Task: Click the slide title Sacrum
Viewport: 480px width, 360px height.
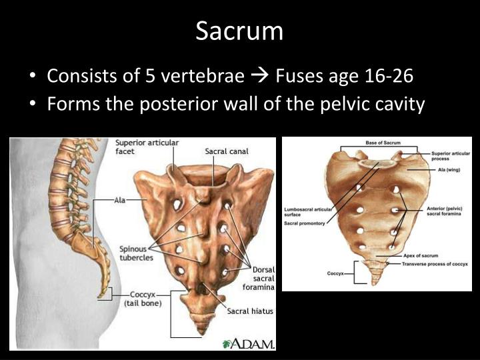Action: (239, 31)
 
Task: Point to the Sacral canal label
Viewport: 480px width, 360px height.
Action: (227, 151)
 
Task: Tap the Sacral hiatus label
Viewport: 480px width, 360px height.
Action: (250, 311)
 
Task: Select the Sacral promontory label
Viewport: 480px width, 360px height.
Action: (305, 223)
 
